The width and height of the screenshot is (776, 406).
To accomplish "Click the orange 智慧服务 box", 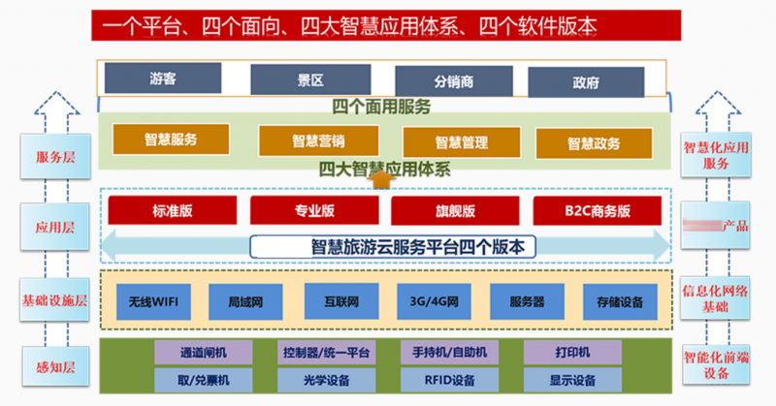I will tap(171, 140).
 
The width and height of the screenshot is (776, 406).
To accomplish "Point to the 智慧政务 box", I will tap(594, 142).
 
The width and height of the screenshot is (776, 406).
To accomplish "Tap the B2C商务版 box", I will tap(598, 210).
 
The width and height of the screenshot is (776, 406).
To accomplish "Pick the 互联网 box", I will tap(338, 301).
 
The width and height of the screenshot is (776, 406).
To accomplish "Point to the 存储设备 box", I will tap(613, 301).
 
